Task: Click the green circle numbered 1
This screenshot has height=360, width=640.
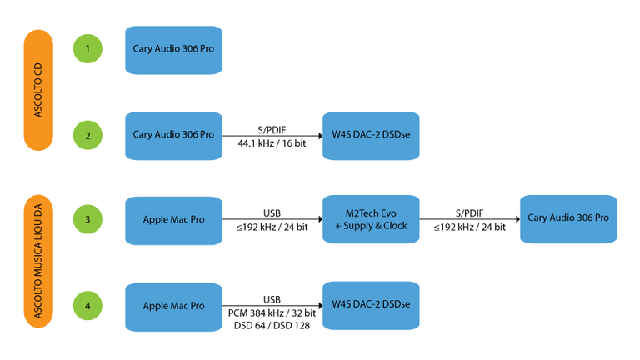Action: tap(87, 48)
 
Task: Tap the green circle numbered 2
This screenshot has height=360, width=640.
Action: tap(87, 134)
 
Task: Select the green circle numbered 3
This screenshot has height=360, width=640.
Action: tap(87, 220)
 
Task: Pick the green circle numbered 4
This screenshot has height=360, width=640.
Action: tap(87, 306)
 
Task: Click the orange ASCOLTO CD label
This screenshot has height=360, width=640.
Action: tap(38, 90)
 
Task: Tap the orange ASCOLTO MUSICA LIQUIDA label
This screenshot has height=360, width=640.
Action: tap(38, 262)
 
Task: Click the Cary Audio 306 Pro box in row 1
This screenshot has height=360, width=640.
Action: tap(173, 49)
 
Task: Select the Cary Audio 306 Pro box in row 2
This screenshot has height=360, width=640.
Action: tap(173, 135)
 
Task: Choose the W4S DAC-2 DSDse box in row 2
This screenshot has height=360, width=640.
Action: tap(371, 135)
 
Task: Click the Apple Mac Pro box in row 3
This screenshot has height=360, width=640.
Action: tap(173, 220)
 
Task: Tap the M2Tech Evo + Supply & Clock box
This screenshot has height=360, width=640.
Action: tap(371, 220)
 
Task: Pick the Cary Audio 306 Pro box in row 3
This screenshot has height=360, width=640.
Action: tap(568, 218)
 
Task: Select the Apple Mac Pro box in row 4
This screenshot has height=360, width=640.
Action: tap(173, 306)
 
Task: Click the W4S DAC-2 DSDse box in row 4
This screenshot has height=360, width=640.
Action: tap(371, 306)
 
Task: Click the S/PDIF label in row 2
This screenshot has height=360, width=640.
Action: tap(272, 128)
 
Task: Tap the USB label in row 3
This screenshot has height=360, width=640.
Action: tap(272, 213)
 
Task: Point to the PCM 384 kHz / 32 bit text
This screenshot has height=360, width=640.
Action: tap(272, 312)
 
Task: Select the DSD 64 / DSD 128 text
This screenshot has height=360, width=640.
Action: tap(272, 326)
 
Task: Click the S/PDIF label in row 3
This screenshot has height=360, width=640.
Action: tap(470, 213)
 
